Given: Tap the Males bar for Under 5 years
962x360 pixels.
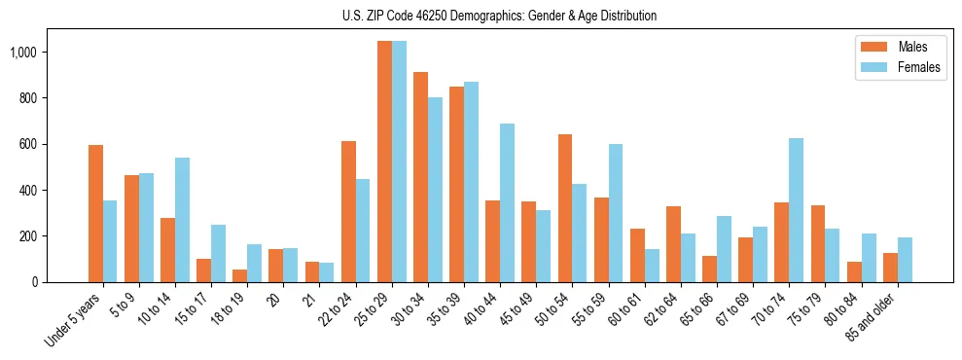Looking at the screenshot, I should [x=95, y=213].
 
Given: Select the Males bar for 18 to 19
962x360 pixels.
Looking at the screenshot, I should [x=239, y=275].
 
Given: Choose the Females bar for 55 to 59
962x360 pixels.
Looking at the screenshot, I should [x=616, y=213].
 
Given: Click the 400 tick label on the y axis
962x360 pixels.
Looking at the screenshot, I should [x=29, y=190].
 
